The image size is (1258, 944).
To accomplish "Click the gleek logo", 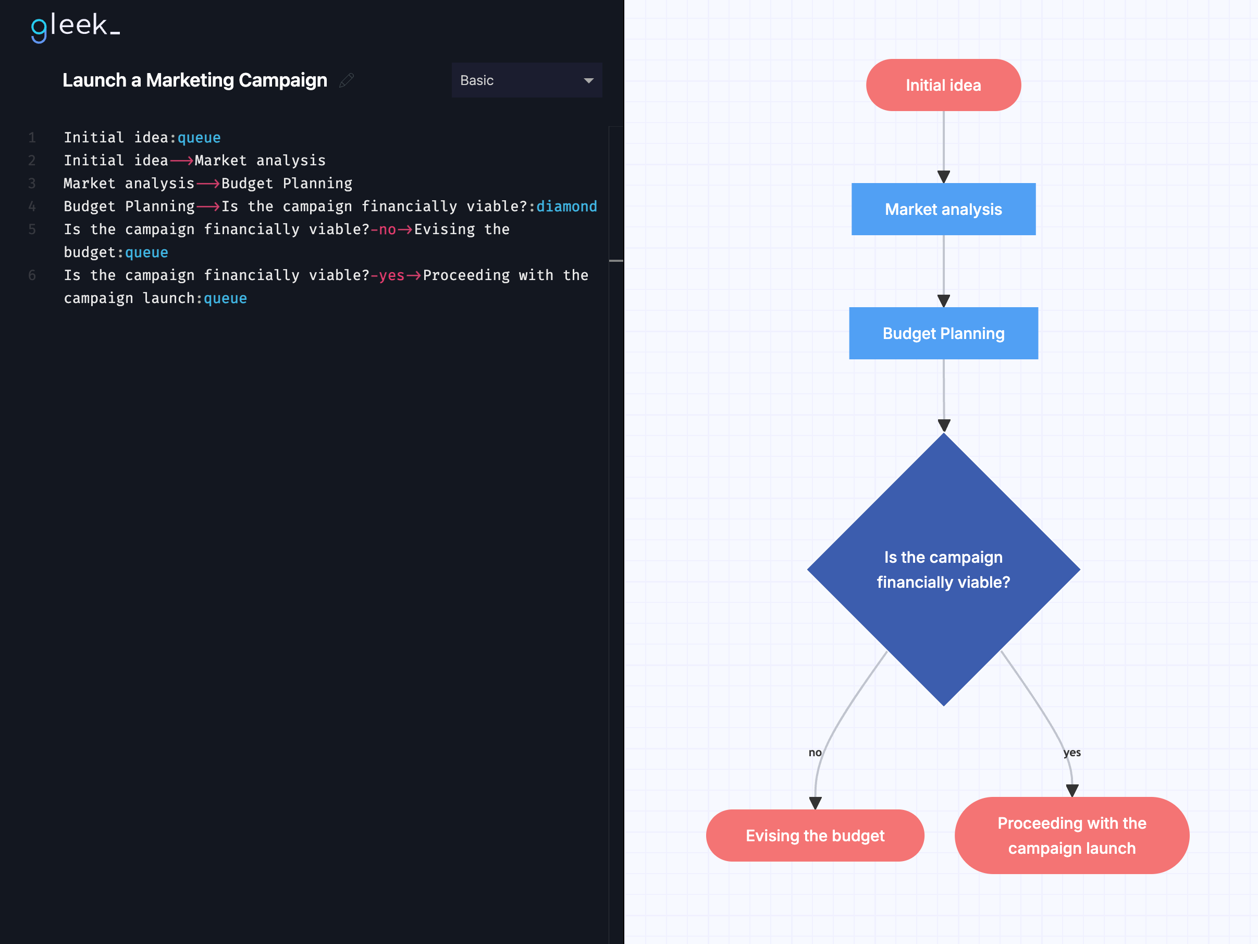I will (75, 27).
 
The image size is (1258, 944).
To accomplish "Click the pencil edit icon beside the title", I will (347, 80).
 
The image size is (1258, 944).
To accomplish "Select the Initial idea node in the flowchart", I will (943, 86).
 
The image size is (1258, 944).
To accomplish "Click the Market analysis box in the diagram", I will (943, 209).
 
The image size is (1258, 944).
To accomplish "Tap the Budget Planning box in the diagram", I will (943, 333).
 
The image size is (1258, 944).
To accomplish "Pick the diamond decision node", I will (943, 569).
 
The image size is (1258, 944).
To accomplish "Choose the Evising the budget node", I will (815, 836).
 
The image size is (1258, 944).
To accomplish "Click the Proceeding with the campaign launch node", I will (1071, 836).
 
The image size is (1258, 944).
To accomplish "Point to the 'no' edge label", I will (815, 752).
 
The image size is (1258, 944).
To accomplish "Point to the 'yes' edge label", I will (1071, 752).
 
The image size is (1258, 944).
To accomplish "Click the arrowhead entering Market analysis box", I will (943, 176).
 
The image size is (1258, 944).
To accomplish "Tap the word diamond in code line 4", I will (566, 207).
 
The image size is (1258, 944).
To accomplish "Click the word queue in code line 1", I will (199, 138).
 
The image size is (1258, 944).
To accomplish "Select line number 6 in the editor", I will (32, 275).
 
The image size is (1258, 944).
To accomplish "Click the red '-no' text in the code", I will (384, 229).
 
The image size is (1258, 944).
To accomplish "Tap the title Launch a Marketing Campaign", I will (194, 80).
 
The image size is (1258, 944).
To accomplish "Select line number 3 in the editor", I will (32, 184).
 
